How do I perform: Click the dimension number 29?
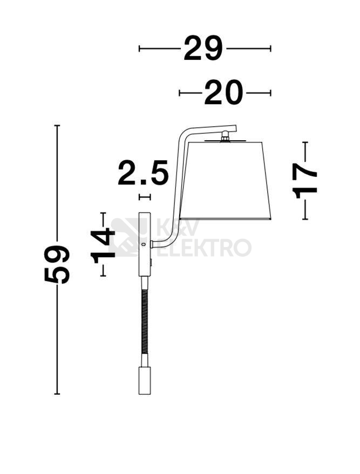tap(203, 49)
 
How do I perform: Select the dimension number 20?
tap(223, 93)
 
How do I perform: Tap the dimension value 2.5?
tap(143, 173)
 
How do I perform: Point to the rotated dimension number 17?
tap(305, 180)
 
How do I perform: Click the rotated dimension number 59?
tap(57, 265)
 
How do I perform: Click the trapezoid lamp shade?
tap(225, 180)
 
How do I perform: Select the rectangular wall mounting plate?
tap(145, 244)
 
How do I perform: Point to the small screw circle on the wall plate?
tap(144, 245)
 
